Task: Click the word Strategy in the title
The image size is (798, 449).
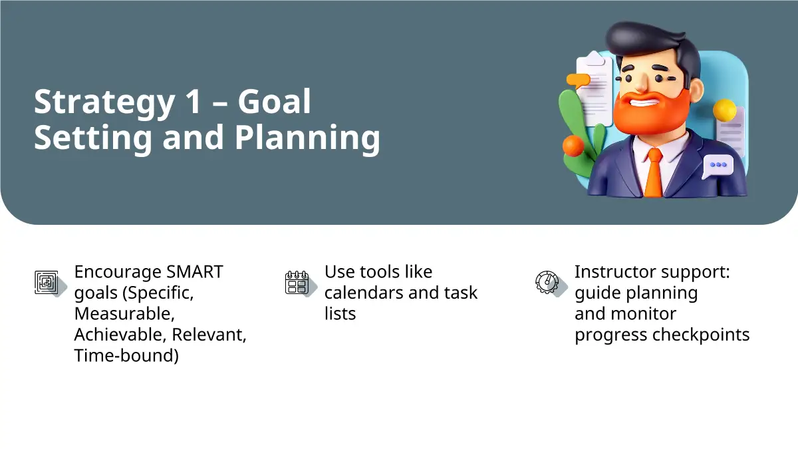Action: [x=104, y=103]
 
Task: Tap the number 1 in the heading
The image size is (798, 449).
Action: [x=194, y=101]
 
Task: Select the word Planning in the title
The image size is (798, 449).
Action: [x=307, y=138]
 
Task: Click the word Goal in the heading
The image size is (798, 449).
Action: [x=274, y=101]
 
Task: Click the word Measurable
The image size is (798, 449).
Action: [x=124, y=314]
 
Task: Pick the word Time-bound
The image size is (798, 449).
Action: [x=126, y=356]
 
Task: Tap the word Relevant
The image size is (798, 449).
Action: [x=209, y=335]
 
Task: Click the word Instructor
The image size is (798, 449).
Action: [x=616, y=272]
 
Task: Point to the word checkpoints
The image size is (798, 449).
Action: [x=701, y=335]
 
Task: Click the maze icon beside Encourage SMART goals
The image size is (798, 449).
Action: [x=47, y=283]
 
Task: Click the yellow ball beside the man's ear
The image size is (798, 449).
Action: [x=725, y=110]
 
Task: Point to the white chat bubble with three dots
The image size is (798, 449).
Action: [x=718, y=166]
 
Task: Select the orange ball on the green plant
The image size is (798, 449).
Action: [x=573, y=146]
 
